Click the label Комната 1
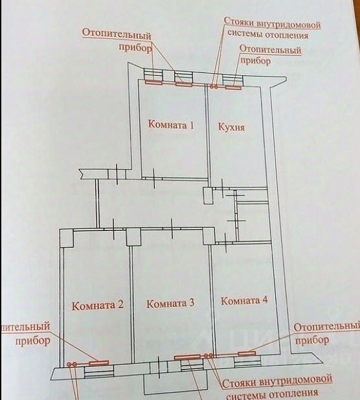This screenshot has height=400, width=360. (171, 125)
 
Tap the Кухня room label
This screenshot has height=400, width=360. (231, 127)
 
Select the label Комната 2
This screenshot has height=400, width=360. (98, 305)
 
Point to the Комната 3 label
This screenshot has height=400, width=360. (170, 304)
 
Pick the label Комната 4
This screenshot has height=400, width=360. (244, 300)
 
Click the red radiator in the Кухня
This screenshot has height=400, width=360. (233, 87)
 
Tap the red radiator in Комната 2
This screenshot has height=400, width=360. (99, 362)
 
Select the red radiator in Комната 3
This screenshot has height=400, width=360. (187, 357)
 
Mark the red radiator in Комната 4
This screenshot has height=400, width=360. (247, 353)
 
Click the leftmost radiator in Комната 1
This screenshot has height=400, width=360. (153, 82)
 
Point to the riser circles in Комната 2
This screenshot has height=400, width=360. (72, 364)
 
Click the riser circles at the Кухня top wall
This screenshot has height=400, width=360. (214, 87)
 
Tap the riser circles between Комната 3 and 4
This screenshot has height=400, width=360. (208, 355)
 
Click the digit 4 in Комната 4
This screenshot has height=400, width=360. (265, 300)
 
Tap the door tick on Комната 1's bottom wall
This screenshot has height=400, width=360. (153, 178)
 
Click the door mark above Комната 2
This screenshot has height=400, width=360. (113, 229)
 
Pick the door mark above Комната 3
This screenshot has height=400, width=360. (172, 228)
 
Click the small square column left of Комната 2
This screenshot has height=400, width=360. (67, 238)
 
